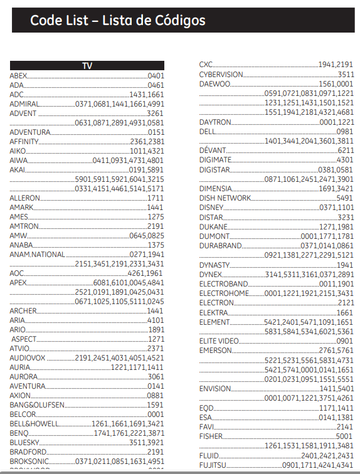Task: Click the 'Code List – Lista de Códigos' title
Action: (x=117, y=21)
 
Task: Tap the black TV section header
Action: (x=87, y=66)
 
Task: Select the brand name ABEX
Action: (x=19, y=75)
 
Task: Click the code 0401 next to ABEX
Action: (x=156, y=75)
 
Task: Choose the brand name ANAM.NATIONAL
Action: (x=37, y=255)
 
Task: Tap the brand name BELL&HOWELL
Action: (x=34, y=424)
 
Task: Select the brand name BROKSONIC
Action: (x=29, y=461)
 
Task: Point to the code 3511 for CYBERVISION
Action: (x=346, y=74)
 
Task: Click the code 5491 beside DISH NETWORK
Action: (x=345, y=197)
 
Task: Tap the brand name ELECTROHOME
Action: (x=224, y=293)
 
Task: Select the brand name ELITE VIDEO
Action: (x=219, y=340)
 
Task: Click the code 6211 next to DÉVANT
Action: (x=346, y=150)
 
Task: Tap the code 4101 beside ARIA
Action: (x=156, y=320)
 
